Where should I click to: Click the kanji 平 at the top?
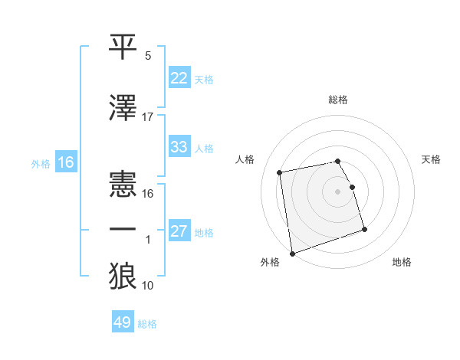tap(123, 45)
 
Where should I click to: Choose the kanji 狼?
tap(123, 276)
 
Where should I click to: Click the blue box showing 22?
tap(179, 78)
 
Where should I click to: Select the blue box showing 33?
tap(179, 147)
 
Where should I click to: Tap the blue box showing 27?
tap(179, 231)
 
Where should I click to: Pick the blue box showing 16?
tap(65, 162)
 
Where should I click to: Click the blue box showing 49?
tap(123, 322)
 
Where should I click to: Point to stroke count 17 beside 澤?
tap(148, 116)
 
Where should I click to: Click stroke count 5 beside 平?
tap(148, 56)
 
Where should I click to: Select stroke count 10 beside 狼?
tap(148, 286)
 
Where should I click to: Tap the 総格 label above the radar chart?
tap(338, 100)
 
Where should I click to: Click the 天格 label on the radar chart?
tap(432, 159)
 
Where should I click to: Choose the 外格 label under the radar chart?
tap(270, 263)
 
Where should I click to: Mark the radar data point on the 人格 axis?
tap(280, 172)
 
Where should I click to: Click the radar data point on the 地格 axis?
tap(365, 230)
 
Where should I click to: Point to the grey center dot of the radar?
tap(338, 191)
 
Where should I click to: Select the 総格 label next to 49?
tap(148, 323)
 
